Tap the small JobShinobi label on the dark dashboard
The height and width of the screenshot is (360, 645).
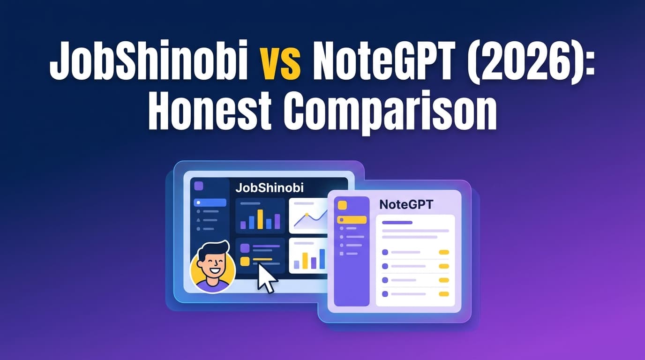pyautogui.click(x=269, y=188)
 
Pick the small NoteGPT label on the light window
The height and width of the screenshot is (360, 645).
pyautogui.click(x=406, y=204)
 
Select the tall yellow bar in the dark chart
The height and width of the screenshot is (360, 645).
pyautogui.click(x=260, y=219)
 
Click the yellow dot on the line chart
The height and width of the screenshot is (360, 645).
pyautogui.click(x=307, y=215)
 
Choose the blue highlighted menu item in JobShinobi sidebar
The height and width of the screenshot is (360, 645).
pyautogui.click(x=210, y=203)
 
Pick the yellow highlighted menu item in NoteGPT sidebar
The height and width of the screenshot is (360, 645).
pyautogui.click(x=352, y=219)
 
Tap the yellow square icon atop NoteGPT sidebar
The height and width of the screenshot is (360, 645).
pyautogui.click(x=342, y=205)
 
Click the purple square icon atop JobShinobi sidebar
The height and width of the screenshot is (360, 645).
pyautogui.click(x=199, y=186)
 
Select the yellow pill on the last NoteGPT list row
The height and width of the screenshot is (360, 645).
pyautogui.click(x=443, y=294)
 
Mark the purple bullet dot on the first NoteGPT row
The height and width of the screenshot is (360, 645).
pyautogui.click(x=385, y=252)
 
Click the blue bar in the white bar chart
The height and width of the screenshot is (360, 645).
pyautogui.click(x=322, y=259)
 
